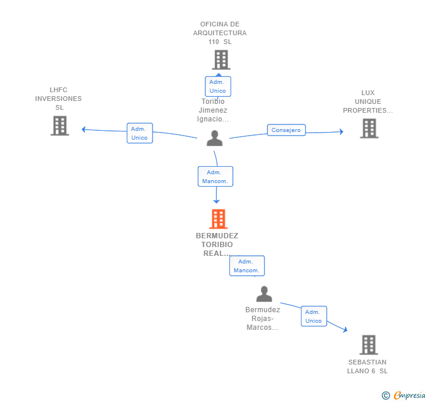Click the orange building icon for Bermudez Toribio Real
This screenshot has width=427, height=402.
(218, 218)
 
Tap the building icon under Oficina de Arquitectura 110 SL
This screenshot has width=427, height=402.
(221, 60)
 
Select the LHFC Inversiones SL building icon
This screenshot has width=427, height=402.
(60, 126)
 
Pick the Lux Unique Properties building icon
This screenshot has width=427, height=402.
(370, 129)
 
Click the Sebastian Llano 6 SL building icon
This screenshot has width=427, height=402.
(369, 344)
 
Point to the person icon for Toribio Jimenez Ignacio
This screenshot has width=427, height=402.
(215, 138)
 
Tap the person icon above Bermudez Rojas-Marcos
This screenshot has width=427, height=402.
(264, 294)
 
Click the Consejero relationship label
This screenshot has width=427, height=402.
(286, 130)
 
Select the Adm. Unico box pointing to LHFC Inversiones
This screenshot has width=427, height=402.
(140, 133)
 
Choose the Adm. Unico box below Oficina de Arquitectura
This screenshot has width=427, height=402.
(218, 86)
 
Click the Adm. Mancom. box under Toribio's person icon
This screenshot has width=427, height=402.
(215, 176)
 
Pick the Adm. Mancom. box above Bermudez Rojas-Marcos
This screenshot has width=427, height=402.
(247, 266)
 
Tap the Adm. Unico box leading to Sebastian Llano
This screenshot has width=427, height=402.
(314, 316)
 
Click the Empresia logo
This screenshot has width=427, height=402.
(404, 395)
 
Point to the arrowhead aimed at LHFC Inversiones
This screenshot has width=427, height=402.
(84, 130)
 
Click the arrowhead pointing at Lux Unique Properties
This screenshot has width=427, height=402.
(341, 131)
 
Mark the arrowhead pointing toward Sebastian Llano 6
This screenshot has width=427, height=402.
(345, 330)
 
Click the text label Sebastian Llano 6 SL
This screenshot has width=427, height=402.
(367, 367)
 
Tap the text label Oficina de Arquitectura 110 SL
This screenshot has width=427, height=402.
(220, 33)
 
